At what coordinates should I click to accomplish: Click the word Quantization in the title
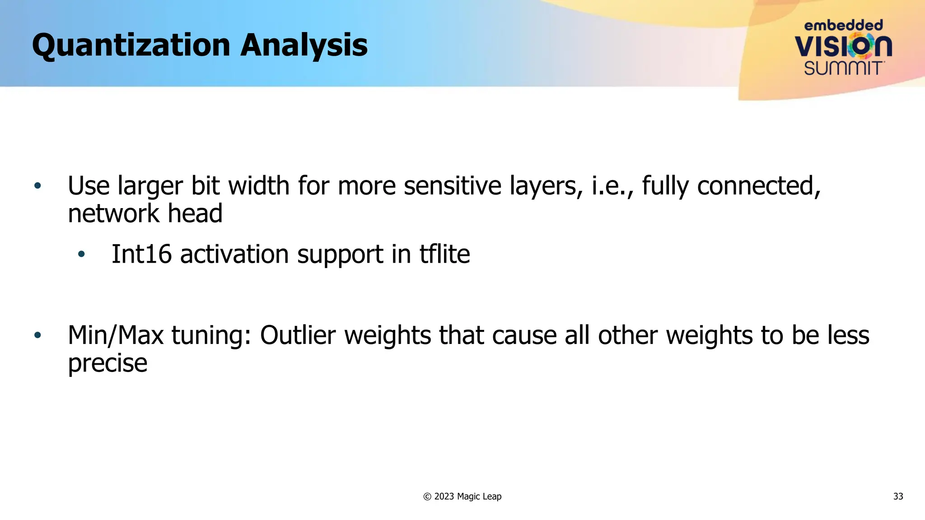pos(131,46)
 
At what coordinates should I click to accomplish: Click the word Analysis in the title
pos(304,46)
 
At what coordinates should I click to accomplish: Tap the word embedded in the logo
pos(843,25)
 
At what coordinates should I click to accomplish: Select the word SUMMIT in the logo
pos(843,69)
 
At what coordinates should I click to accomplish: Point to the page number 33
pos(898,497)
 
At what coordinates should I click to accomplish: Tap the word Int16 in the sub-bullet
pos(141,254)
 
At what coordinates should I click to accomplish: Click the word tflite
pos(445,254)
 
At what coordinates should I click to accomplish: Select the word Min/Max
pos(116,335)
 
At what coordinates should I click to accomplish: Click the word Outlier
pos(298,335)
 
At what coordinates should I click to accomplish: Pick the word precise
pos(107,363)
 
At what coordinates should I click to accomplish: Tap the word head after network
pos(195,214)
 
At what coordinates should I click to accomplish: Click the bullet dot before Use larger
pos(37,186)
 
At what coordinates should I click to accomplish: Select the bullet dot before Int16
pos(81,255)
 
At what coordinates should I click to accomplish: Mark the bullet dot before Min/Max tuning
pos(37,335)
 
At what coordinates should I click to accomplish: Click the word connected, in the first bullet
pos(759,186)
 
